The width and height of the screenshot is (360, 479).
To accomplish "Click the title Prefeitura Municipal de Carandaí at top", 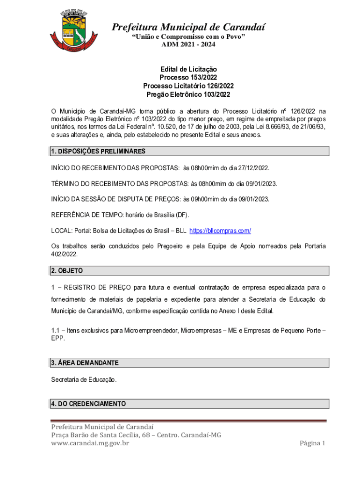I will (x=188, y=27).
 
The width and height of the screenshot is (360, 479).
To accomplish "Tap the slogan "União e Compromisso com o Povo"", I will (x=188, y=36).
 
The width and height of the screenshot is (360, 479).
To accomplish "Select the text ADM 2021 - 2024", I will (x=188, y=44).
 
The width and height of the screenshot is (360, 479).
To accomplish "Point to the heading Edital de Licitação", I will (x=188, y=69).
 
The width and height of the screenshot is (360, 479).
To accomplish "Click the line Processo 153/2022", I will (x=188, y=78).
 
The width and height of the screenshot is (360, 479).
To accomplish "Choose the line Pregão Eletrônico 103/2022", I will (x=188, y=94).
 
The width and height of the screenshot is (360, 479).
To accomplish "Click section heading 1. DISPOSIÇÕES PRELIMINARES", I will (x=98, y=152).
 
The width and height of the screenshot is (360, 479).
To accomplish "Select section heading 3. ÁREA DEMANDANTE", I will (x=85, y=363).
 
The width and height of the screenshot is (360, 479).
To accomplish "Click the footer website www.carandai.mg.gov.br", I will (x=90, y=443).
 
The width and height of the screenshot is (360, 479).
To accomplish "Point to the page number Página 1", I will (x=312, y=443).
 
